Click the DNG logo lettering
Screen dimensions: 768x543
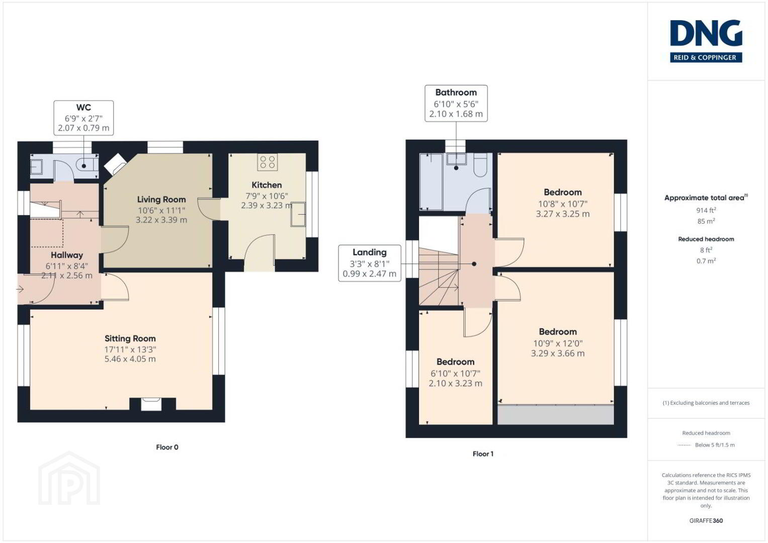coord(706,33)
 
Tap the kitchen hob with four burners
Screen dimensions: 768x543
coord(268,162)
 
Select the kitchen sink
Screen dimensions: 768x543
coord(298,215)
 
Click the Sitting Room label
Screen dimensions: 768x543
coord(130,338)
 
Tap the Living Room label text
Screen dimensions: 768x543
coord(161,199)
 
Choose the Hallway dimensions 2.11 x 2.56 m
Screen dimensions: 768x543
coord(67,276)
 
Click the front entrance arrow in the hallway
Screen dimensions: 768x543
coord(20,289)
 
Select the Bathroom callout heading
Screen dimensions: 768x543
coord(456,92)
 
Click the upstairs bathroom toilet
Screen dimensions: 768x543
coord(480,165)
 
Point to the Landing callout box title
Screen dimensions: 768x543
coord(370,252)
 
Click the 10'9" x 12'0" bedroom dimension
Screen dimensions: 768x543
coord(558,343)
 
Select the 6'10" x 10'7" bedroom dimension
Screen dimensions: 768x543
coord(455,373)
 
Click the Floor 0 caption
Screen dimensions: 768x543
coord(167,447)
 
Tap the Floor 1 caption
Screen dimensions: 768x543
coord(483,454)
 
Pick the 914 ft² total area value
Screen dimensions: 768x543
coord(706,210)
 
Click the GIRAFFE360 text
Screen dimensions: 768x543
coord(706,521)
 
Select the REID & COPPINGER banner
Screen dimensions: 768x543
coord(706,57)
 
